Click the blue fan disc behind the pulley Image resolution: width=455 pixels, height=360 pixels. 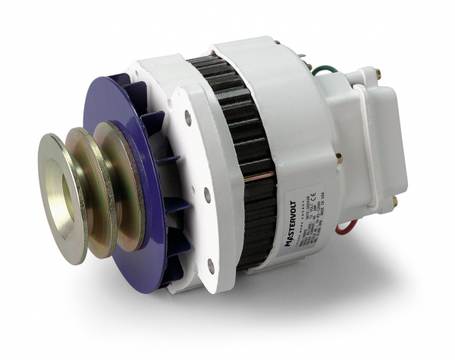(136, 114)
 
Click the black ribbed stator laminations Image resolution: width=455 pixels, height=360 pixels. (243, 152)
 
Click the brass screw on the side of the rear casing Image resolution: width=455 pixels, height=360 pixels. (338, 160)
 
